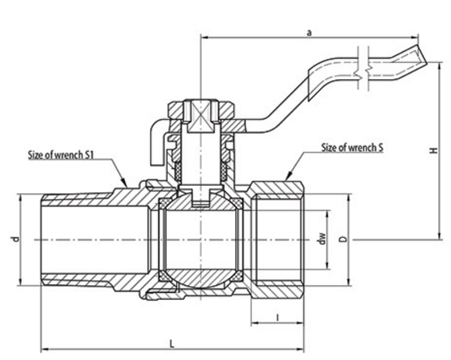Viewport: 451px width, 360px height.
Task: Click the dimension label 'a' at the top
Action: pyautogui.click(x=309, y=32)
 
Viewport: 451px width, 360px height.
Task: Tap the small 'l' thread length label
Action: pyautogui.click(x=278, y=317)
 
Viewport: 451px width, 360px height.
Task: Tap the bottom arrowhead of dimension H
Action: pyautogui.click(x=436, y=236)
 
